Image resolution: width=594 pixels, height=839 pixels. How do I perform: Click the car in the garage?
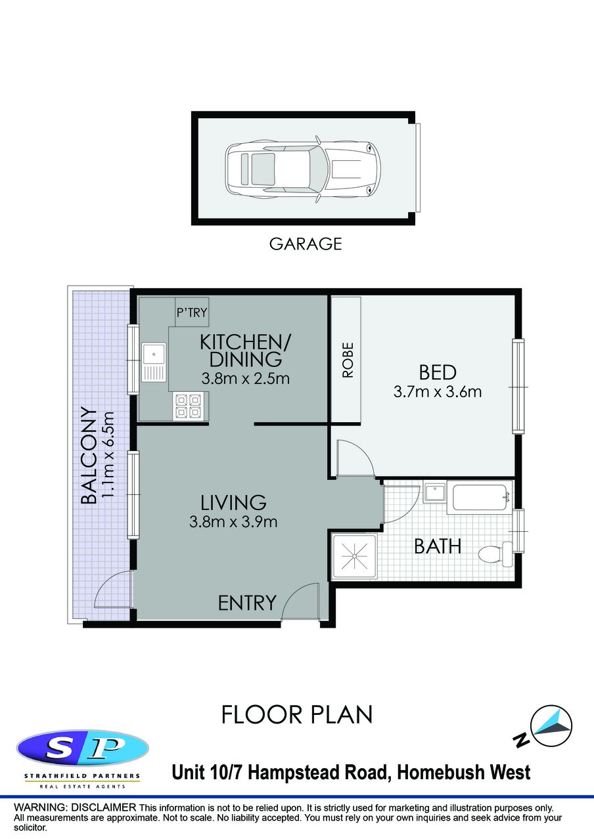(303, 169)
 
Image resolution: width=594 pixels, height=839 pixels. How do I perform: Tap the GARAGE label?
(306, 244)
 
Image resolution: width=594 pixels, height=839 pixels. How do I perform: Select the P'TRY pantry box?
(192, 312)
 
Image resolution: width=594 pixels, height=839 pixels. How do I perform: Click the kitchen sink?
(154, 362)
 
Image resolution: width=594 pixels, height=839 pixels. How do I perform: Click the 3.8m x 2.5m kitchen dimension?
(245, 379)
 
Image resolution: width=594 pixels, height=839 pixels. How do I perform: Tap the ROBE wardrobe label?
(348, 360)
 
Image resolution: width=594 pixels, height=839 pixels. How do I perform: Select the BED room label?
(438, 373)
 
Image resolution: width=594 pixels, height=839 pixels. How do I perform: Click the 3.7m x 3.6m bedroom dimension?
(438, 392)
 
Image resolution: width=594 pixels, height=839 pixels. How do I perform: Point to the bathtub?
(482, 498)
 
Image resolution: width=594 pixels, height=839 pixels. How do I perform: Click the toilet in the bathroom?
(495, 554)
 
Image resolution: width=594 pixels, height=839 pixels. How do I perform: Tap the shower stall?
(354, 557)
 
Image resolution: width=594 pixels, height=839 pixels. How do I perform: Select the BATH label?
(438, 546)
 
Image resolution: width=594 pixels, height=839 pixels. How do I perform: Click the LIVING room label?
(233, 503)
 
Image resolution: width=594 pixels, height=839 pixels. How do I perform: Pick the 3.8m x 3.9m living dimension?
(233, 522)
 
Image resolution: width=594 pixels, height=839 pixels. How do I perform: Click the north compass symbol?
(553, 727)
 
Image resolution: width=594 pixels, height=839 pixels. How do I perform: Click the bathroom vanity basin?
(434, 493)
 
